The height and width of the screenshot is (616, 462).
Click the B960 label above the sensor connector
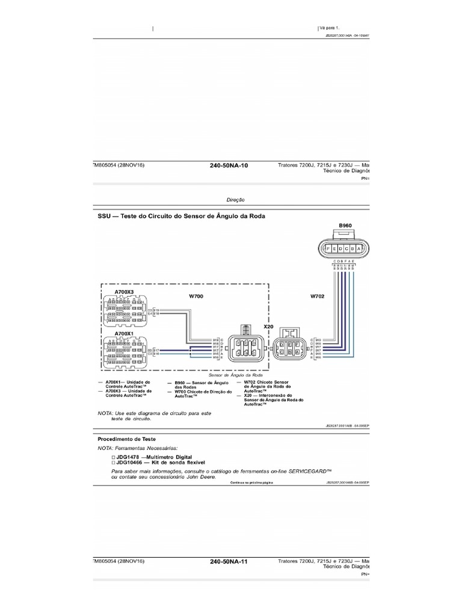(345, 226)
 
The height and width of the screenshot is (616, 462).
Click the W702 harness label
(318, 296)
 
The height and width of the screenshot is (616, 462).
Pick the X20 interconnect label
(268, 325)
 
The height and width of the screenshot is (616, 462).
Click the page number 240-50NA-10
(229, 165)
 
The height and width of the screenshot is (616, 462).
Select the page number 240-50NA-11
(229, 561)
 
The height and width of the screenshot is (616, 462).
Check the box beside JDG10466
(114, 463)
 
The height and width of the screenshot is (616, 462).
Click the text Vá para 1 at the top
(329, 28)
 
